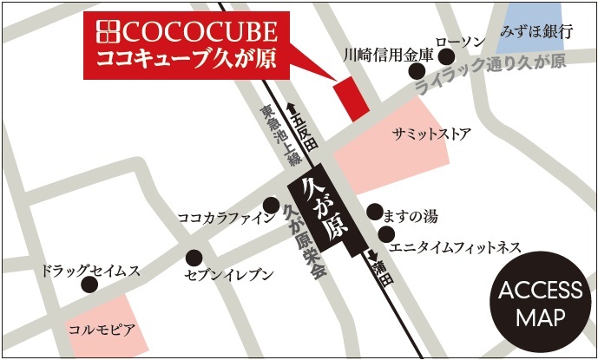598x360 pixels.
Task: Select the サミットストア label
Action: [431, 134]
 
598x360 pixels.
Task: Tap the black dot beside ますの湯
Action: [374, 212]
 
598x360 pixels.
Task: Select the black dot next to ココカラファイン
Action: [272, 206]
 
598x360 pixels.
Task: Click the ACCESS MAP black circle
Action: [541, 303]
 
